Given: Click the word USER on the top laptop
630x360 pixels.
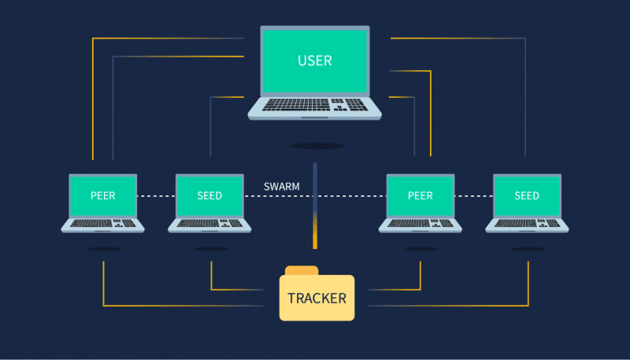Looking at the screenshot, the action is coord(315,61).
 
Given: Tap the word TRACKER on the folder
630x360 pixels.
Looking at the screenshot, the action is coord(317,299).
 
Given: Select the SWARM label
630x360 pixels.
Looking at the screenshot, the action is coord(282,187).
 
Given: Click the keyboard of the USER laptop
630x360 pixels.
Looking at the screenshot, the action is coord(314,105).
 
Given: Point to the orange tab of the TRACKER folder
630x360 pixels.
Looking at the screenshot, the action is coord(302,270).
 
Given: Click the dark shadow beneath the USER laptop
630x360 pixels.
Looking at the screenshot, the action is coord(317,146).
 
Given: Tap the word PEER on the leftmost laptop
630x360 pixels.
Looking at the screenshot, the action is coord(103,195).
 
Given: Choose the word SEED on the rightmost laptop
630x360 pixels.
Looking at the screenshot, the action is coord(527,195).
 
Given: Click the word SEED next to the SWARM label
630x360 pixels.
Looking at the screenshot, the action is coord(209,195).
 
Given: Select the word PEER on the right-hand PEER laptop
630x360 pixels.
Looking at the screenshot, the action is coord(421,195).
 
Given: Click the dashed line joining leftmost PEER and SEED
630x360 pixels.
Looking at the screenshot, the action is coord(156,196).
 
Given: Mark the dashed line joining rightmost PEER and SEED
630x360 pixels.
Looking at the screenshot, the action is coord(474,196).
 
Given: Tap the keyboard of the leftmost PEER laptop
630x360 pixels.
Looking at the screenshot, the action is coord(103,223).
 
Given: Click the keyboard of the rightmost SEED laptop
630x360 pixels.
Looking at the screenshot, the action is coord(527,223).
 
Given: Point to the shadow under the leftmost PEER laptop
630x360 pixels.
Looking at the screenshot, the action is coord(105,249).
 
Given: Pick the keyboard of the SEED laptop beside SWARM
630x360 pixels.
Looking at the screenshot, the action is coord(209,223).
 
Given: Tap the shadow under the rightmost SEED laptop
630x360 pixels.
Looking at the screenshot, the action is coord(528,249).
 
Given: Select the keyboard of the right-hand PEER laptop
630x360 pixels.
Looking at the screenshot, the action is coord(421,223).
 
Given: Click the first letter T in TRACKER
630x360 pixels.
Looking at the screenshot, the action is coord(291,299).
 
